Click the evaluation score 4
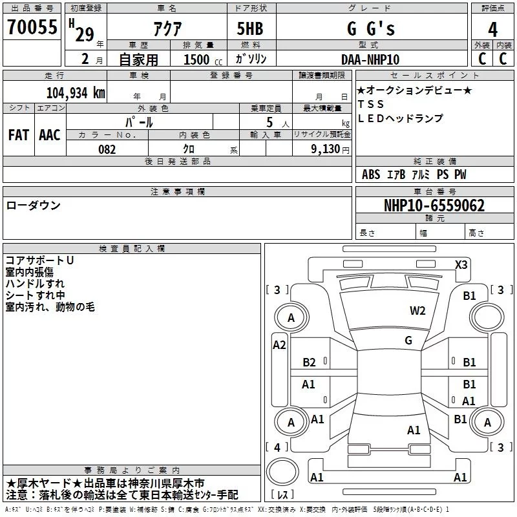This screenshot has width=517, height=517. click(x=493, y=29)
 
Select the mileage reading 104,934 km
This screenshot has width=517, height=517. click(x=76, y=92)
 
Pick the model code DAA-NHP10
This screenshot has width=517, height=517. click(x=370, y=59)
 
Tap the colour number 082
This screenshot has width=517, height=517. click(x=107, y=149)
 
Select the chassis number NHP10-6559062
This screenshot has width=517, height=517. click(x=434, y=206)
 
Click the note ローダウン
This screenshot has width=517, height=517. click(x=34, y=206)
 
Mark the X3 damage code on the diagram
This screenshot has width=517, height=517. click(x=461, y=264)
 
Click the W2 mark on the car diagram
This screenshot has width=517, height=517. click(x=417, y=310)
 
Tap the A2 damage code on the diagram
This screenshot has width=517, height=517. click(x=279, y=345)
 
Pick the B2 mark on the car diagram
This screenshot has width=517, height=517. click(x=310, y=363)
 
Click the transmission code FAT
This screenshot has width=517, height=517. click(x=19, y=135)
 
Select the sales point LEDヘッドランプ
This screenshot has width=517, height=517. click(x=400, y=118)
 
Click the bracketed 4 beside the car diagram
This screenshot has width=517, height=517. click(x=277, y=447)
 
